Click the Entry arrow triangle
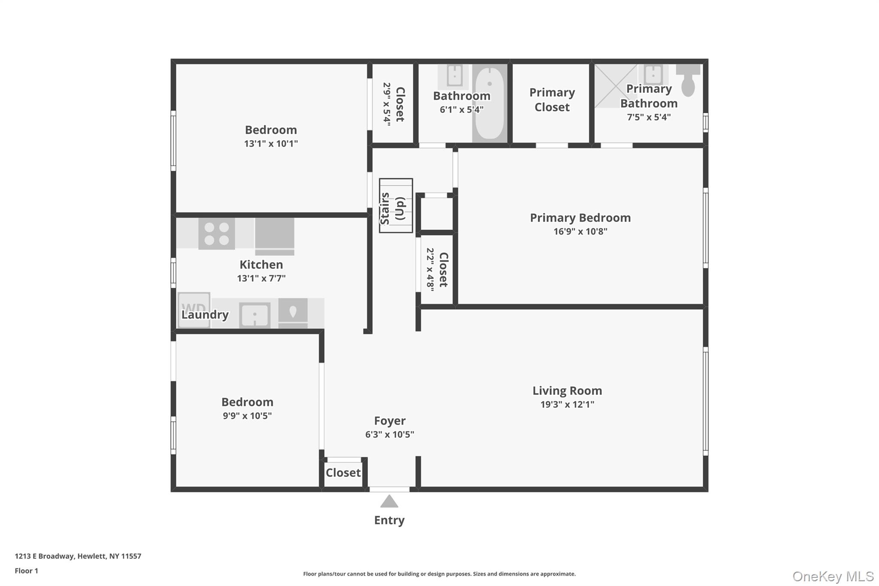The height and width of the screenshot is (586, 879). click(x=389, y=501)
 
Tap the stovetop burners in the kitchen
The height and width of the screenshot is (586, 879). click(x=216, y=234)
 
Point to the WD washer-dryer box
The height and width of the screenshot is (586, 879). click(x=194, y=309)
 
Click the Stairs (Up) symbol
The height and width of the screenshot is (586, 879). click(x=396, y=206)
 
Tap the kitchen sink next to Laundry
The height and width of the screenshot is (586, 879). click(x=255, y=315)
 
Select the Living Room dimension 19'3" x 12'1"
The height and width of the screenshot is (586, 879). click(x=567, y=404)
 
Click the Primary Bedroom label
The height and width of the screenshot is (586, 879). click(x=580, y=218)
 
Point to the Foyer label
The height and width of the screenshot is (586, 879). click(x=390, y=421)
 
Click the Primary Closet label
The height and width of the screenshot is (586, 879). click(x=552, y=100)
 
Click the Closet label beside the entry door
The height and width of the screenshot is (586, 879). click(x=343, y=473)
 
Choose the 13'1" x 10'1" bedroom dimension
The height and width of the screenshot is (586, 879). click(x=271, y=144)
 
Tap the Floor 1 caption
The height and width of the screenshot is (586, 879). click(x=26, y=571)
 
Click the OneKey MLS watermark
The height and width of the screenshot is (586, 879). click(x=833, y=576)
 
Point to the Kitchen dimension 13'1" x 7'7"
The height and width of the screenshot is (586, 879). click(x=261, y=278)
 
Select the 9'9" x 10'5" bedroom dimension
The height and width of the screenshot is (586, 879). click(x=247, y=416)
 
